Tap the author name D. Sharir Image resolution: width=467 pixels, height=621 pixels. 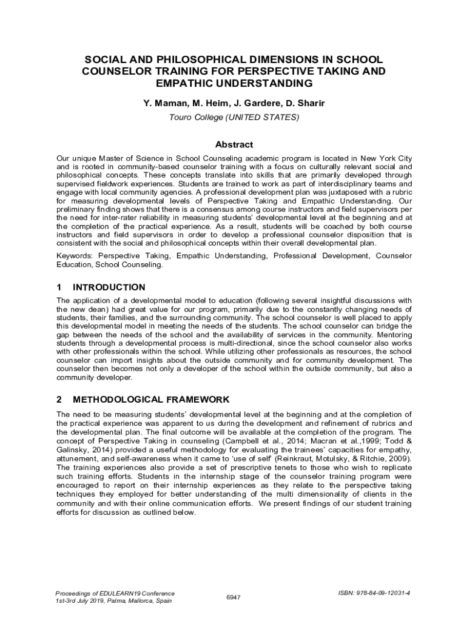(x=304, y=103)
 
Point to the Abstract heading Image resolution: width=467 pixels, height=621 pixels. (x=234, y=144)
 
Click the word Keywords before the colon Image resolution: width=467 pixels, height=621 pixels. (x=74, y=256)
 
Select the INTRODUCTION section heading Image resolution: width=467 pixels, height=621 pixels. (x=109, y=287)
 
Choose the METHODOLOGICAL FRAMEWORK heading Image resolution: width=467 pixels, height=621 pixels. (x=151, y=400)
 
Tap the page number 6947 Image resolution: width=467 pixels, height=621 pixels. (x=233, y=597)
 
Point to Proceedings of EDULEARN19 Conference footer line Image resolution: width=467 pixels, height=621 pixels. (x=115, y=593)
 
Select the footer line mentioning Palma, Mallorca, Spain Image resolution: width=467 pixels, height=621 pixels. (x=113, y=601)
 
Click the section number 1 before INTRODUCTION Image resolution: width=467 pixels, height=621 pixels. (x=59, y=287)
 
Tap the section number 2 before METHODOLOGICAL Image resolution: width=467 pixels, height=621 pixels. (x=59, y=400)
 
